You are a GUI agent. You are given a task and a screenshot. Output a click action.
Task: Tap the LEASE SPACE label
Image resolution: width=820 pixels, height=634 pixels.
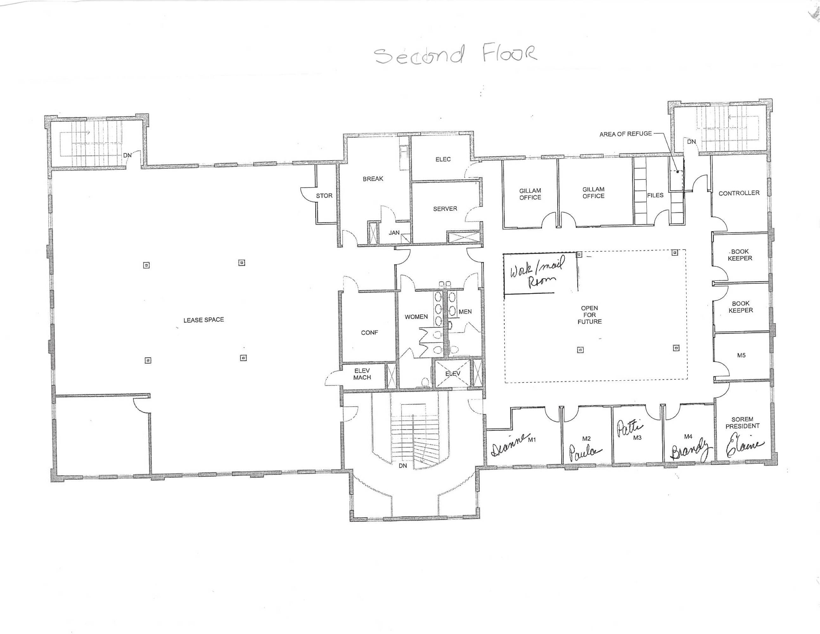pyautogui.click(x=203, y=320)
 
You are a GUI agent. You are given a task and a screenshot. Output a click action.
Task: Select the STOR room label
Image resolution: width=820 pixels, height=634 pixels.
pyautogui.click(x=324, y=196)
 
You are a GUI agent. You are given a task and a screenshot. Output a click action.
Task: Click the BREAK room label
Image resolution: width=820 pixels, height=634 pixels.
pyautogui.click(x=373, y=179)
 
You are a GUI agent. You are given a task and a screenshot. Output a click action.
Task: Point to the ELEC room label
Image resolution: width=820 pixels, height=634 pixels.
pyautogui.click(x=443, y=159)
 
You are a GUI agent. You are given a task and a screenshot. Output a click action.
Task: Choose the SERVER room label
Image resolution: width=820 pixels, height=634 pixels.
pyautogui.click(x=445, y=209)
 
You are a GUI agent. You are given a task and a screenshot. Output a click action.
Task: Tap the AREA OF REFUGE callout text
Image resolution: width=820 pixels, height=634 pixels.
pyautogui.click(x=625, y=134)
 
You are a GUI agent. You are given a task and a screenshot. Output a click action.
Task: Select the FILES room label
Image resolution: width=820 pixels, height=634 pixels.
pyautogui.click(x=655, y=195)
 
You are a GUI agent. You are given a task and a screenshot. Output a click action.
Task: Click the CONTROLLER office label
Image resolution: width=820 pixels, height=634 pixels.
pyautogui.click(x=739, y=193)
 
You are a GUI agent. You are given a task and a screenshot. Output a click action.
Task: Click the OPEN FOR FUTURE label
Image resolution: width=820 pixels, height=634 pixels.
pyautogui.click(x=589, y=315)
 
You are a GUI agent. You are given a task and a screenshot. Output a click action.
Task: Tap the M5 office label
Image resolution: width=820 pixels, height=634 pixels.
pyautogui.click(x=741, y=355)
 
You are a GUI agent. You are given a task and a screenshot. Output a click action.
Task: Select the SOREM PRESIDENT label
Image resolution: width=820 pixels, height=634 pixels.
pyautogui.click(x=742, y=423)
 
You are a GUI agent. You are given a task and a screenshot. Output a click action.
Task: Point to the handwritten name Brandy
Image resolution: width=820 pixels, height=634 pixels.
pyautogui.click(x=690, y=451)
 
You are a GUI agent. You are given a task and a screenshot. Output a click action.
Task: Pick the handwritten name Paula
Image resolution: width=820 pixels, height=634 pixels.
pyautogui.click(x=585, y=453)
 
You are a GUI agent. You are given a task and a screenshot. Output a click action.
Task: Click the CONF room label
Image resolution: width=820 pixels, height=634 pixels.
pyautogui.click(x=369, y=333)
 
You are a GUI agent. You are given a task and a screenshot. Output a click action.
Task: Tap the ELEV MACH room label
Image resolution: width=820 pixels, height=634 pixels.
pyautogui.click(x=362, y=374)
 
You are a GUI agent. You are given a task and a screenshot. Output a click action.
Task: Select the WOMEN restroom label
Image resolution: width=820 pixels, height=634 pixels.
pyautogui.click(x=416, y=317)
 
